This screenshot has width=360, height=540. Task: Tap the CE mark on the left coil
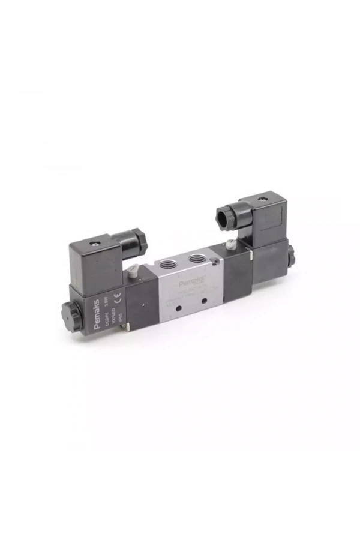[118, 295]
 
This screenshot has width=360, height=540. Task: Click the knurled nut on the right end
[292, 254]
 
